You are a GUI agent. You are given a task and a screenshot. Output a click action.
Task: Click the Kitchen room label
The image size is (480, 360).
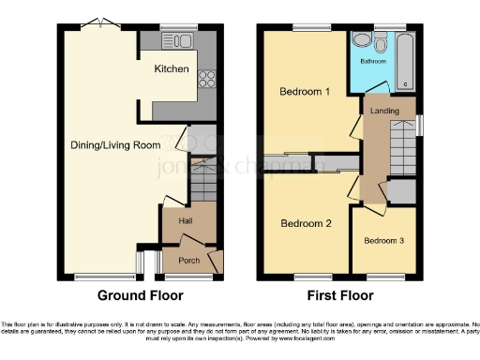pyautogui.click(x=172, y=69)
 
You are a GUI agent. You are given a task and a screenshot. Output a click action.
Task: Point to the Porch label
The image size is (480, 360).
pyautogui.click(x=189, y=260)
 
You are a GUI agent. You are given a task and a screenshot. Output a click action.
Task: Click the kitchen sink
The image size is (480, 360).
pyautogui.click(x=176, y=40)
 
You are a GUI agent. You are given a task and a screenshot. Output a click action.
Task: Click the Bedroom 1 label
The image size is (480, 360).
pyautogui.click(x=306, y=92)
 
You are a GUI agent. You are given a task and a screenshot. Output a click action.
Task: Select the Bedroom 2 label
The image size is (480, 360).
pyautogui.click(x=306, y=223)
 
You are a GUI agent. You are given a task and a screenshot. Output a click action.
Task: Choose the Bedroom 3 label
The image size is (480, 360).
pyautogui.click(x=383, y=241)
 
